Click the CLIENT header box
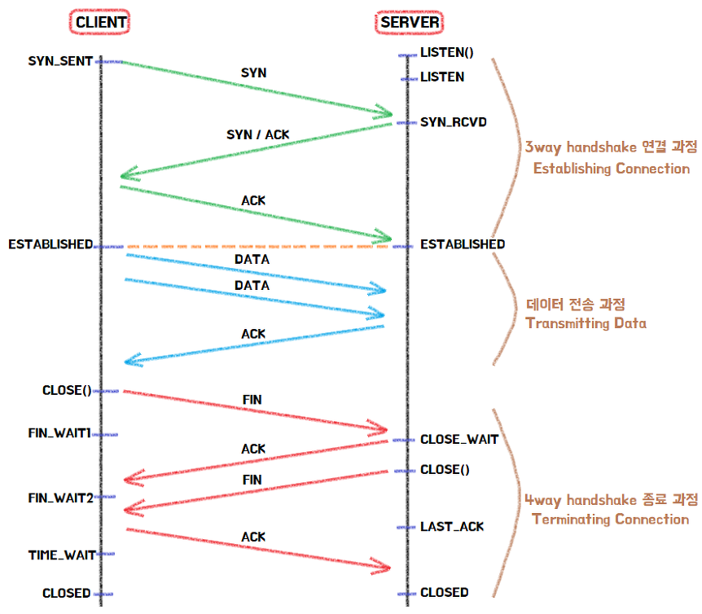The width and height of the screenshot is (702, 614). pos(102,23)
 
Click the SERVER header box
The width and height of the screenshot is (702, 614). pos(409,23)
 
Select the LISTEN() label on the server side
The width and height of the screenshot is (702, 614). pos(446,54)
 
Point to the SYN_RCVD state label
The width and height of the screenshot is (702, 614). pos(454,122)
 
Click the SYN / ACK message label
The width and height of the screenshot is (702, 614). pos(257,134)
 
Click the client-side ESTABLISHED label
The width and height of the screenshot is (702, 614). pos(50,244)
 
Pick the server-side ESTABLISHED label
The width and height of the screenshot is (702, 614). pos(462,244)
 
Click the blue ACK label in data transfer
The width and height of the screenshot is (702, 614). pos(253,334)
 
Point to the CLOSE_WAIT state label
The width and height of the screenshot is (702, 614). pos(458,440)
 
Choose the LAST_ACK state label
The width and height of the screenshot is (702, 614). pos(451,527)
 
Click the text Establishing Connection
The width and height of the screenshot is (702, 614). pos(610,169)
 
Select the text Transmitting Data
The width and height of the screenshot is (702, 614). pos(586,323)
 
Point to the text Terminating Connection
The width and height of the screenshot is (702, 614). pos(610,520)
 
